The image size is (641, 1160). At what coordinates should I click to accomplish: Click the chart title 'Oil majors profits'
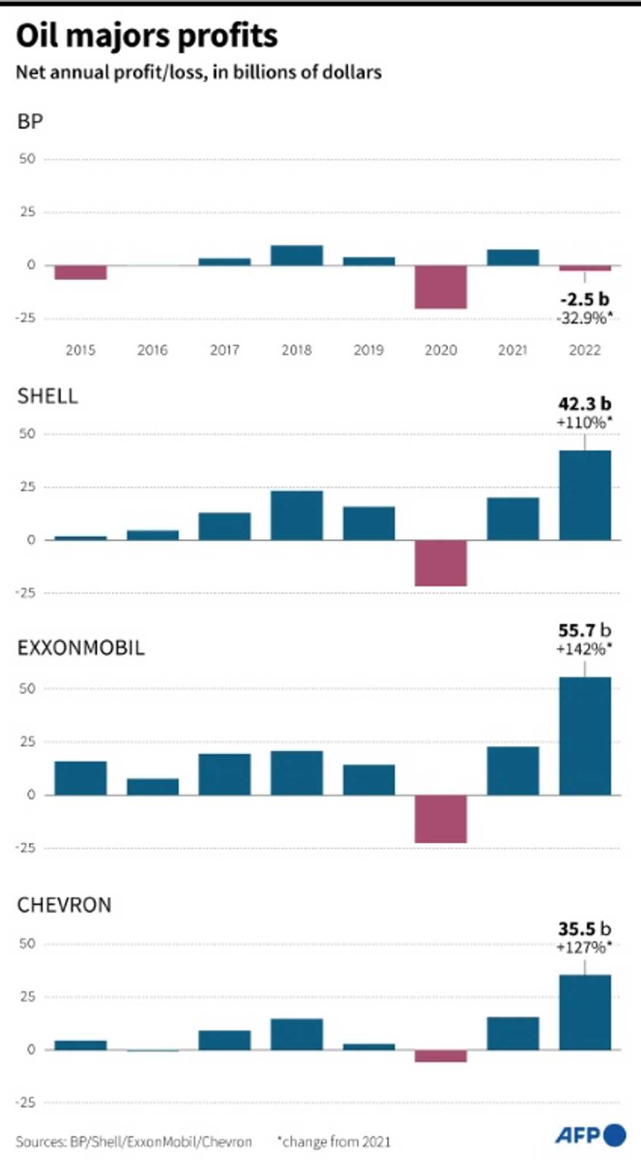(147, 36)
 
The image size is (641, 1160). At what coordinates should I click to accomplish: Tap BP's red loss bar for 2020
(441, 287)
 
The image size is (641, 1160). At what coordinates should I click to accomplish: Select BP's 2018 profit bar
(296, 256)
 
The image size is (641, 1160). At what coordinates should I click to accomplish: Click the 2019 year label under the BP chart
(368, 350)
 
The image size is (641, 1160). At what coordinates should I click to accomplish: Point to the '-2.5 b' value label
(584, 299)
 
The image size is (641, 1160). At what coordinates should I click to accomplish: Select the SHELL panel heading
(48, 396)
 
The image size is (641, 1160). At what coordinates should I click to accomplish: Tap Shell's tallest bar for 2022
(584, 495)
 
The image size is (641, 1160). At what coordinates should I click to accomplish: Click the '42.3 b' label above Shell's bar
(584, 404)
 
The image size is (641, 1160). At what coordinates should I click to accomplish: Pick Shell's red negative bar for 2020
(441, 563)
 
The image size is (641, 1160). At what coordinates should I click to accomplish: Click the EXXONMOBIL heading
(81, 648)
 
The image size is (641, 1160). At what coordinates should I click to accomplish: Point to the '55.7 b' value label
(584, 630)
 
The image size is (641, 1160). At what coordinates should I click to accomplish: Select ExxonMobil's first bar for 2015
(81, 778)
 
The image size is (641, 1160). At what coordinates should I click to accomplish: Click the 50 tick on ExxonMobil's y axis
(27, 688)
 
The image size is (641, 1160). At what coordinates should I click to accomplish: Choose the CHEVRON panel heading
(64, 905)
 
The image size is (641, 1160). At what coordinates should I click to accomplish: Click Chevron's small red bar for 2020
(441, 1056)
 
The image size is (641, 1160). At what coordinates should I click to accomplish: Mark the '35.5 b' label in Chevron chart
(584, 928)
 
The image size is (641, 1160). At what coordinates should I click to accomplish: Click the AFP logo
(590, 1135)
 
